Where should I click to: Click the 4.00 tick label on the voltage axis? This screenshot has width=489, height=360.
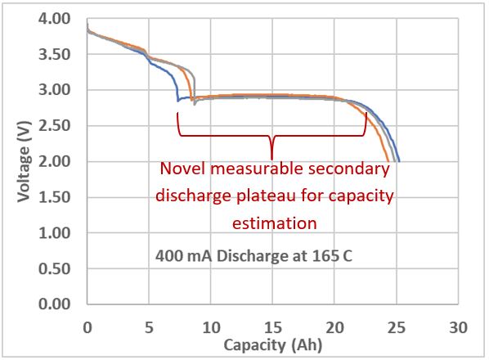click(x=54, y=18)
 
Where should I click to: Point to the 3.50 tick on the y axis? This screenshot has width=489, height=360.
click(x=54, y=54)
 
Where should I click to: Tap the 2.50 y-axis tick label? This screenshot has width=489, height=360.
click(x=54, y=125)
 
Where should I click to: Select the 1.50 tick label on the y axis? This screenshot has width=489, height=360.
click(x=54, y=197)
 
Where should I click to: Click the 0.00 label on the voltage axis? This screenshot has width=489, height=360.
click(x=54, y=305)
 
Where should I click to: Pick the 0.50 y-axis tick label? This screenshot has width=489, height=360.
click(x=54, y=268)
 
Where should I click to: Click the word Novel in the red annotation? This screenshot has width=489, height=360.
click(x=181, y=169)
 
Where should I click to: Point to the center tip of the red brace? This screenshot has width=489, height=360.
click(x=271, y=159)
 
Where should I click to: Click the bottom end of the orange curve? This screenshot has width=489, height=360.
click(x=388, y=160)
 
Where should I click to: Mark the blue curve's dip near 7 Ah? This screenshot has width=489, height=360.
click(x=177, y=101)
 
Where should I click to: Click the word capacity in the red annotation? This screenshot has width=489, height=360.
click(x=361, y=196)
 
